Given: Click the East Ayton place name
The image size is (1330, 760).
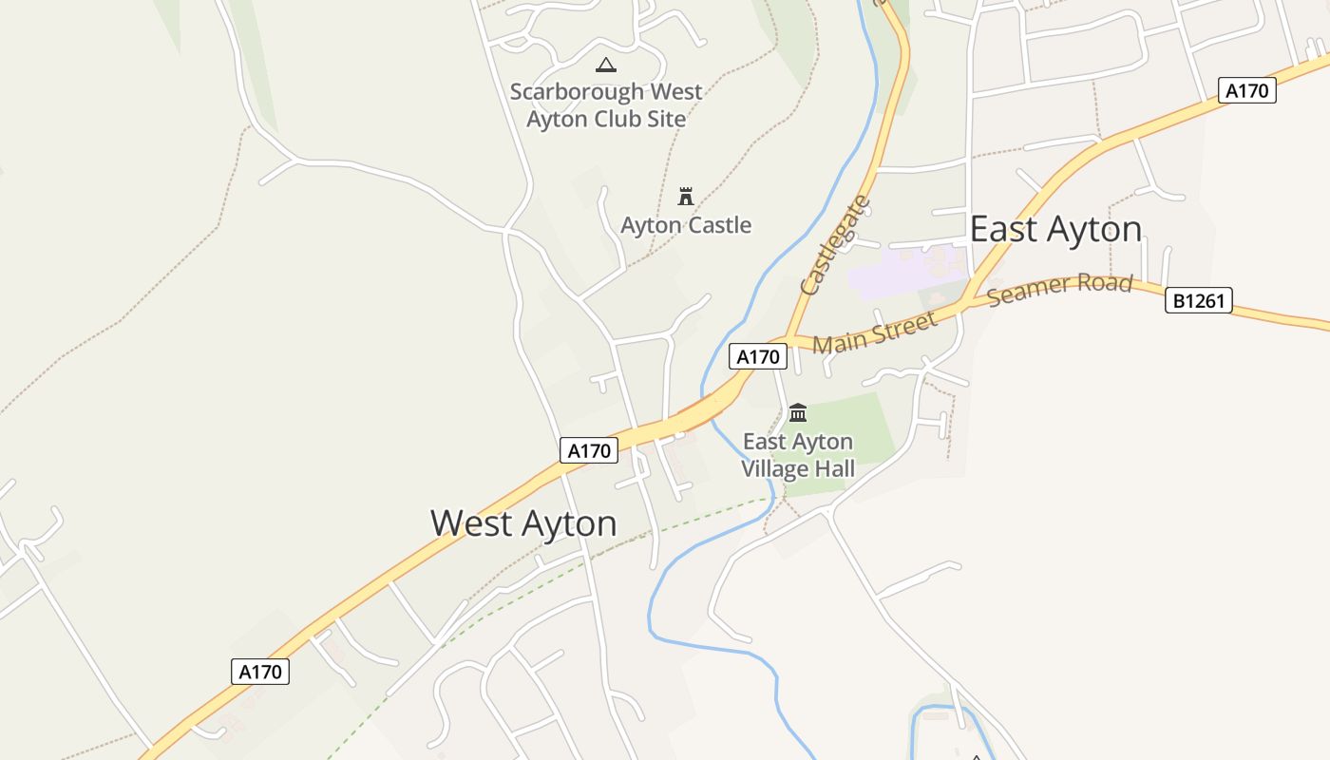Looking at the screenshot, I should (1055, 229).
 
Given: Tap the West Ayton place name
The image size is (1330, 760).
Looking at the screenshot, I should (523, 523).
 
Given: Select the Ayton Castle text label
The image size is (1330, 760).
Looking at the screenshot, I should (686, 225).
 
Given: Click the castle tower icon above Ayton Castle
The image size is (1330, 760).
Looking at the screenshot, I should (686, 197).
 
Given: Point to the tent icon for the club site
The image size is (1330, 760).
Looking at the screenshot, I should (605, 65).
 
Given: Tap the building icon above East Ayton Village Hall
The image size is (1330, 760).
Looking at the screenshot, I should (798, 412).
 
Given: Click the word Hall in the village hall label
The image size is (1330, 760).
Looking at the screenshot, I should (831, 468).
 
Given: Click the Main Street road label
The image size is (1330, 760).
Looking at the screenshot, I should (874, 332).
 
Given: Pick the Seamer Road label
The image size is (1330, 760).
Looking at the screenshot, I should (1059, 289).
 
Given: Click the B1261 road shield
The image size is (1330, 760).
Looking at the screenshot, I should (1199, 301).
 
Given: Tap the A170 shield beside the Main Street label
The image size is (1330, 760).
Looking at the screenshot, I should (758, 356).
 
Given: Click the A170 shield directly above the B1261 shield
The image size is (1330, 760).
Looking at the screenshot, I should (1246, 90).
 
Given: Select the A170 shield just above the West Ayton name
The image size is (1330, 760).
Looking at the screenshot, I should (589, 450).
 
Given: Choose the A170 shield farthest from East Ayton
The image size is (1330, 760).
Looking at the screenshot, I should (260, 672).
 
